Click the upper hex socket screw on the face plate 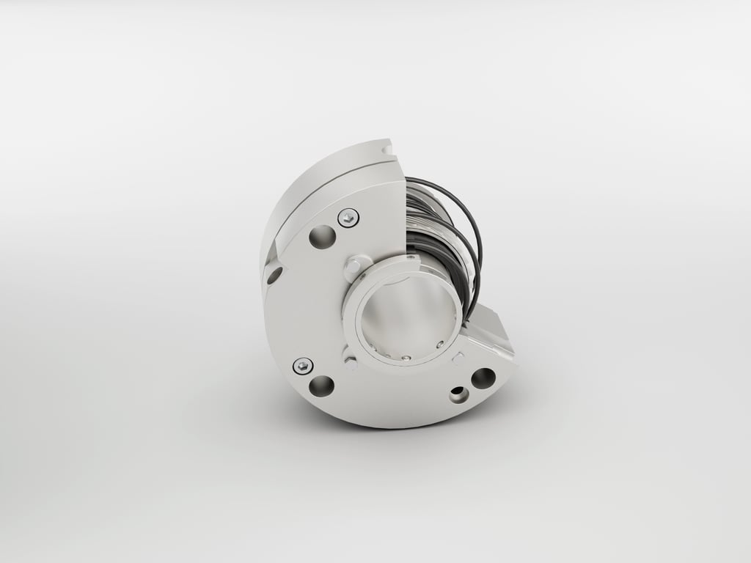[x=348, y=217]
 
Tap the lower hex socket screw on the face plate [x=302, y=365]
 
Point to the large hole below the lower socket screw [x=321, y=386]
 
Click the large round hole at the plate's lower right [x=483, y=378]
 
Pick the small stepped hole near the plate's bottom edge [x=459, y=395]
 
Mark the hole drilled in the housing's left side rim [x=274, y=276]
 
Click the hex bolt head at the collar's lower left [x=351, y=361]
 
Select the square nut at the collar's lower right [x=458, y=358]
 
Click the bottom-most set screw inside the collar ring [x=406, y=358]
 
